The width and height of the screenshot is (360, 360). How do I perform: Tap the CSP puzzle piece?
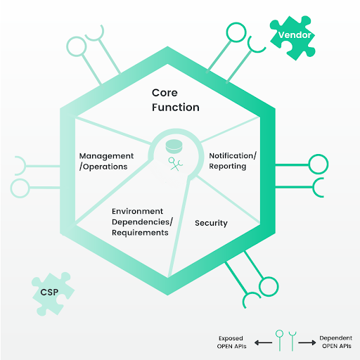coord(53,294)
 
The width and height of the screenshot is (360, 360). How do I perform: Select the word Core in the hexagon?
coord(165,93)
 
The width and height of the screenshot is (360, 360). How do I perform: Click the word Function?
coord(176,108)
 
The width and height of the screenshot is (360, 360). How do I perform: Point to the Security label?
coord(211,223)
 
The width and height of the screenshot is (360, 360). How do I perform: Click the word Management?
coord(106,156)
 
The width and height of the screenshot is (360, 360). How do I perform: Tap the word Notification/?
coord(233,155)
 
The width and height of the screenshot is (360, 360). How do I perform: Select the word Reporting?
coord(228,166)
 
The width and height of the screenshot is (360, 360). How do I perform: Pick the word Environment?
coord(137,211)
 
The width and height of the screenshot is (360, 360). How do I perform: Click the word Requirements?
coord(140,233)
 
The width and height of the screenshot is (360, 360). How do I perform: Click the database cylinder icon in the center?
coord(174,146)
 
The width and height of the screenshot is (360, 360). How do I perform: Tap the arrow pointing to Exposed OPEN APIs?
coord(263,342)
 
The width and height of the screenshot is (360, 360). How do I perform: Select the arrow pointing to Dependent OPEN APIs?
coord(307,342)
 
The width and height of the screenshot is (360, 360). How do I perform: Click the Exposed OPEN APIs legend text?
coord(231,342)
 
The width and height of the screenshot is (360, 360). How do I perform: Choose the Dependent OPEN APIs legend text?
coord(336,342)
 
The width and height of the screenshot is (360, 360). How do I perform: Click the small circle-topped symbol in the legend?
coord(279,340)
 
